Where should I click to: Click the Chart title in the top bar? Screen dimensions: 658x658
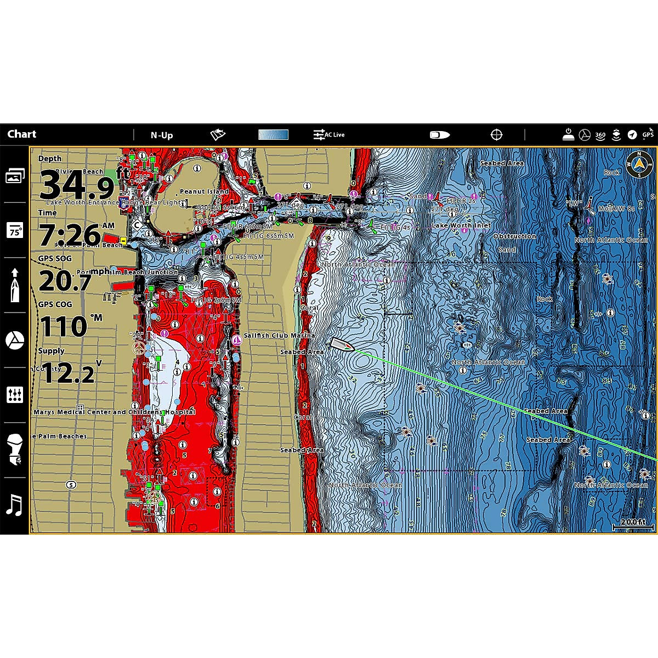(22, 134)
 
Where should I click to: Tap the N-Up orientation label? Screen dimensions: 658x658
(162, 135)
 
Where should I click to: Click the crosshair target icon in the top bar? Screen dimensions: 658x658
(496, 134)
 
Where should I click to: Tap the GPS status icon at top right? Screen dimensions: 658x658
(648, 134)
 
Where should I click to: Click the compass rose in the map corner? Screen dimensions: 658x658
(638, 164)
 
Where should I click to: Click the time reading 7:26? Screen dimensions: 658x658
(70, 235)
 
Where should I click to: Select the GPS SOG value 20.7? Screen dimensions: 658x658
(65, 282)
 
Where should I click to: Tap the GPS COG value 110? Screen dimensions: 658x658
(64, 327)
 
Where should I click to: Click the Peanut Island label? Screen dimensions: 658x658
(204, 191)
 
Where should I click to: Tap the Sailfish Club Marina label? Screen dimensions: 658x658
(279, 335)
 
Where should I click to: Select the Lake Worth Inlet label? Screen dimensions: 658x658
(461, 225)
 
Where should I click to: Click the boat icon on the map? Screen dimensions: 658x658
(341, 345)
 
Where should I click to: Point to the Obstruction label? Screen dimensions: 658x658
(514, 236)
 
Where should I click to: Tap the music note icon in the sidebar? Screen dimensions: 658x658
(14, 504)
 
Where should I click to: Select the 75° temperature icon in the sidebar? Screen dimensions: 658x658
(14, 231)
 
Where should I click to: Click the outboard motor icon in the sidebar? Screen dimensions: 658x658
(14, 449)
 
